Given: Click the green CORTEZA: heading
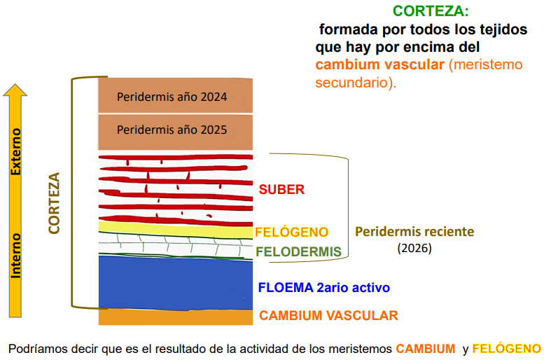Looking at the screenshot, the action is (431, 11).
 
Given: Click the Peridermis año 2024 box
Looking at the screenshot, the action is (176, 95).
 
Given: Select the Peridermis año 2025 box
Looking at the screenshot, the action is (176, 132).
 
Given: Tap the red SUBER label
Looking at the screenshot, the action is (281, 190).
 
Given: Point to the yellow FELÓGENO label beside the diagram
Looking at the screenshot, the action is (291, 233).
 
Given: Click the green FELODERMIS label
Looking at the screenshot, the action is (299, 251).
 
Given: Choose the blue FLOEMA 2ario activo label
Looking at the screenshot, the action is (324, 287).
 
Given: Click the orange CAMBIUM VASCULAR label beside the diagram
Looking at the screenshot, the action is (328, 316).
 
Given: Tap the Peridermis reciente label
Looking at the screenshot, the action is (414, 232).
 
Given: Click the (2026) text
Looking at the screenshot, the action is (414, 248).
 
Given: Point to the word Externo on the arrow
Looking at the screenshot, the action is (16, 152).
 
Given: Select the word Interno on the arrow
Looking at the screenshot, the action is (16, 256).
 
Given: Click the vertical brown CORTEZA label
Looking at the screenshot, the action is (54, 203).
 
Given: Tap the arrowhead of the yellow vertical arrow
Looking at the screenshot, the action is (15, 90).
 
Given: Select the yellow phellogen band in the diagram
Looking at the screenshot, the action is (176, 229).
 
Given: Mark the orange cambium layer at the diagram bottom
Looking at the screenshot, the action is (176, 317).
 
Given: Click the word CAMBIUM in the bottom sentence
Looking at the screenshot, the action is (426, 349).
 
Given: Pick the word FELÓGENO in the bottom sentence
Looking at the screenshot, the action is (506, 349).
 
